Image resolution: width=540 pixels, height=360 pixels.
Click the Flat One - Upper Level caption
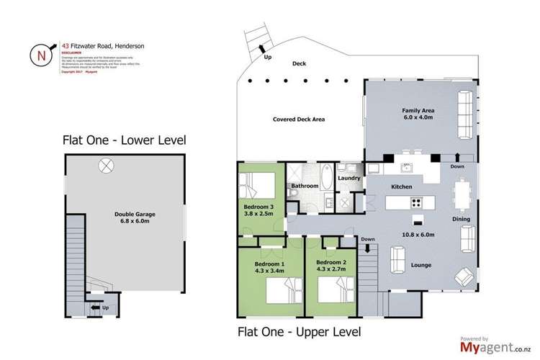(299, 332)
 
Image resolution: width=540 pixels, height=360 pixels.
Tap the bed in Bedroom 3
(262, 186)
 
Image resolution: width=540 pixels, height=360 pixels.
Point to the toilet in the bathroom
(294, 194)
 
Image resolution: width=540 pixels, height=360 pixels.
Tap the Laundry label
(349, 178)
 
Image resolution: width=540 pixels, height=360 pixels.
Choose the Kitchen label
(401, 187)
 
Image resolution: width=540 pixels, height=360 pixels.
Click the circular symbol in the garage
(106, 166)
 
